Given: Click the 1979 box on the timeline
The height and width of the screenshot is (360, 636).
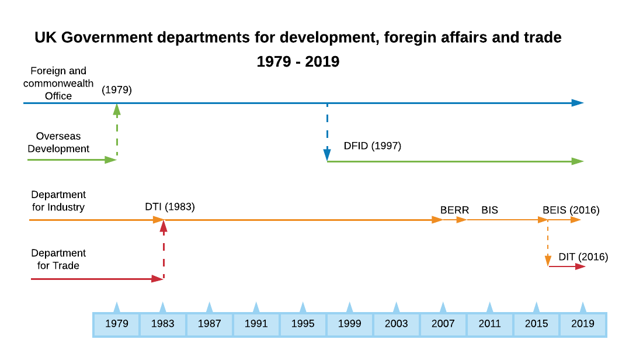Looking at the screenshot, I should pos(117,324).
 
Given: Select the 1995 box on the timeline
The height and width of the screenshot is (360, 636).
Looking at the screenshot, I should pos(303,324).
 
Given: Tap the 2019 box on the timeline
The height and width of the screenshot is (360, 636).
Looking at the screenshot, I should pos(583,324).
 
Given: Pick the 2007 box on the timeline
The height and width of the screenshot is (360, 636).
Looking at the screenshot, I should pos(443,324).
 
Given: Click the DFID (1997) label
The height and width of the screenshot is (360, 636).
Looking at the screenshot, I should pos(372,146).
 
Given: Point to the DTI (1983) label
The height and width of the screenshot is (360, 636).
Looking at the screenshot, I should pos(170,207).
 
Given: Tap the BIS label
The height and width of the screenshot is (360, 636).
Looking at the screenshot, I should pos(489,210).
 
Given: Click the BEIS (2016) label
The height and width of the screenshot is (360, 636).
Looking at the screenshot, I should pos(571,210).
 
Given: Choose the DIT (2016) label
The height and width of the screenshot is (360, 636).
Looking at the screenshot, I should pos(583,257).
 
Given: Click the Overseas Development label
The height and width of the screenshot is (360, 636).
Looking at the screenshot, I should pos(58,143).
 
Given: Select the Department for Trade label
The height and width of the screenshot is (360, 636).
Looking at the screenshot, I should pos(58,259).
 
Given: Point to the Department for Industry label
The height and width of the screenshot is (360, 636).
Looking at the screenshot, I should pos(58,201).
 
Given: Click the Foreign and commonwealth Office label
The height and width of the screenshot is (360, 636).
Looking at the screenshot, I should pos(58,84).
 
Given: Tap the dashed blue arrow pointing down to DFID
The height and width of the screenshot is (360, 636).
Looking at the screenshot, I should pos(327,131).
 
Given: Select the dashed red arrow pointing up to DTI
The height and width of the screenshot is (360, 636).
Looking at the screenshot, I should pos(164,249).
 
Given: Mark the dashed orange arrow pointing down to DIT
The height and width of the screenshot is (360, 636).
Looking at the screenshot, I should pos(548,243).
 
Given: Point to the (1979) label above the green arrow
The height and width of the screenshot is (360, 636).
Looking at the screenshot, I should pos(117,90).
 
